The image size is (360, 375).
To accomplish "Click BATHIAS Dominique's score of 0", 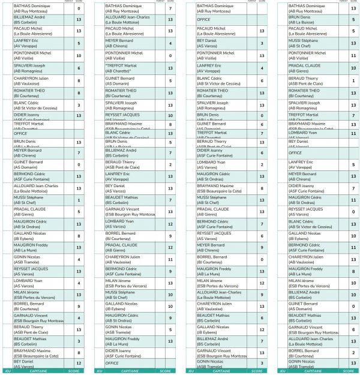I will pos(79,8).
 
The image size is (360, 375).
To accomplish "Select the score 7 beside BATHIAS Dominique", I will pos(171,8).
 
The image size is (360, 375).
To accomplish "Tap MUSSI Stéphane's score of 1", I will pos(79,200).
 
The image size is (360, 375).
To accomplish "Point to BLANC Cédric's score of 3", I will pos(79,105).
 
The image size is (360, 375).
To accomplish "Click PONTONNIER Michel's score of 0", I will pos(171,56).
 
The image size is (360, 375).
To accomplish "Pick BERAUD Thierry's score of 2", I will pos(171,164).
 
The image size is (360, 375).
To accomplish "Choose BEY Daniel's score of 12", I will pos(79,363).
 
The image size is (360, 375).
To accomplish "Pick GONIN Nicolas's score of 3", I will pos(262,363).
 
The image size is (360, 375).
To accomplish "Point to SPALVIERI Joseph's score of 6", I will pos(79,69).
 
